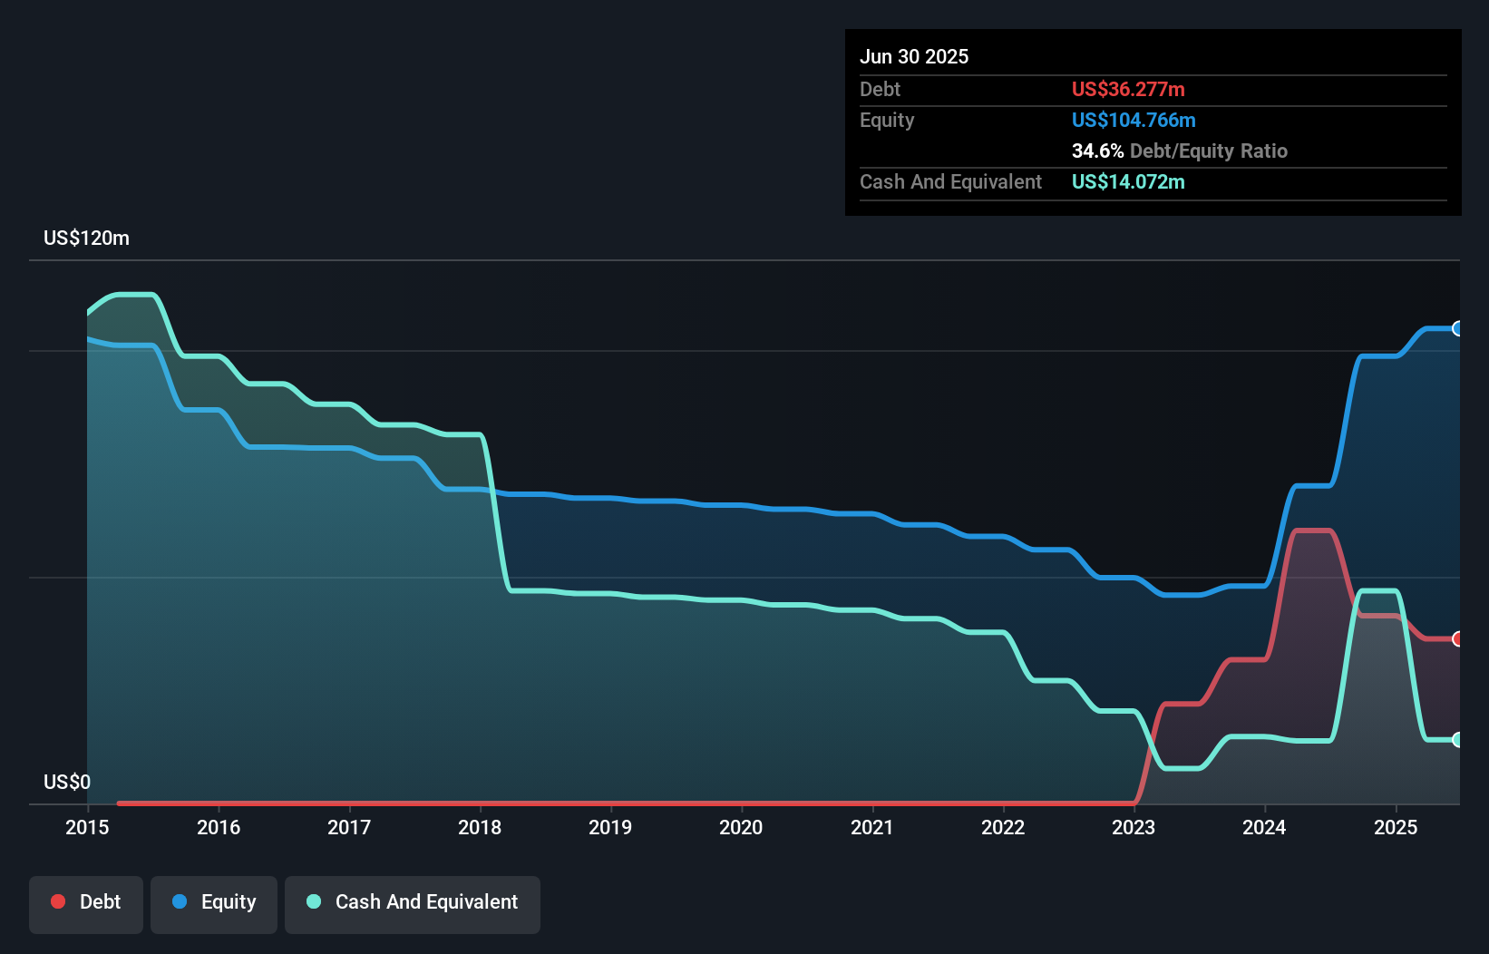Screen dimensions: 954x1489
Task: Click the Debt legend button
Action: (86, 902)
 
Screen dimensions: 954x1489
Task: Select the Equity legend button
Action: (214, 902)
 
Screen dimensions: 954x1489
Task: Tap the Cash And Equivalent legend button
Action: (413, 902)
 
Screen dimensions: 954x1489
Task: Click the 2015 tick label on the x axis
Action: (87, 827)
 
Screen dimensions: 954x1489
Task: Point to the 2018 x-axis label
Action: (480, 827)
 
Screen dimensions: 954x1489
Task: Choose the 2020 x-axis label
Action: (741, 827)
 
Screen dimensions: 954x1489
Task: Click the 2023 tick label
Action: (1134, 827)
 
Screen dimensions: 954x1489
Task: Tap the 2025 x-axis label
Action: (1396, 827)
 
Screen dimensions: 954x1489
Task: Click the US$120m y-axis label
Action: (86, 238)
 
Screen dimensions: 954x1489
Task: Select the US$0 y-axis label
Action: (67, 782)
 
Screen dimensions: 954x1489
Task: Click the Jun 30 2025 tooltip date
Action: (914, 57)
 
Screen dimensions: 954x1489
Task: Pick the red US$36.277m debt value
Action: (1128, 90)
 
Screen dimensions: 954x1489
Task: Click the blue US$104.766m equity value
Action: (1134, 121)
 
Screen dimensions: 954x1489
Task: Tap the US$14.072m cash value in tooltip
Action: (1128, 182)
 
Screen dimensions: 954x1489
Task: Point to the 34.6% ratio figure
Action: (1097, 151)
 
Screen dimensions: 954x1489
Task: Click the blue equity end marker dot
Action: (1458, 328)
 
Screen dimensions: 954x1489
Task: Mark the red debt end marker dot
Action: (1458, 639)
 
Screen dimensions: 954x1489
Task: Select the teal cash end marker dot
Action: (1458, 740)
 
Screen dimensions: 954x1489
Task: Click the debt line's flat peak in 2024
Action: (1313, 531)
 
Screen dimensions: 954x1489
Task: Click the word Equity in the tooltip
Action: (887, 121)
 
